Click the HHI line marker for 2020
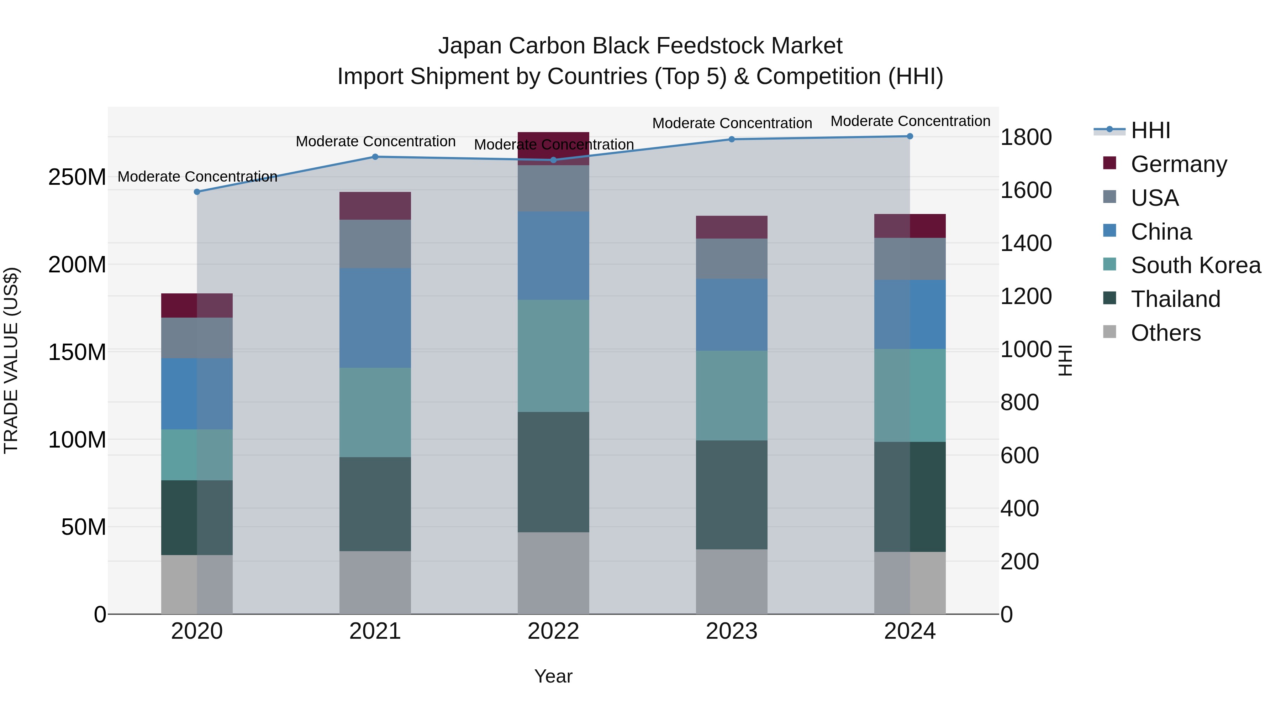point(197,192)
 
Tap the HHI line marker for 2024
point(910,136)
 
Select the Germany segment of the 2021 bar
point(375,205)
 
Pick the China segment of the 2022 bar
point(553,255)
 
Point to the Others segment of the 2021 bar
point(375,582)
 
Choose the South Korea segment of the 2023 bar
point(732,395)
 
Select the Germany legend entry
point(1179,164)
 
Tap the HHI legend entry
point(1150,130)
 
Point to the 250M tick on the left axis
point(77,177)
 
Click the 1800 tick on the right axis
point(1026,137)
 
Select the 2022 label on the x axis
point(553,631)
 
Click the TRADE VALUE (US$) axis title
point(11,360)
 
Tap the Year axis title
point(553,676)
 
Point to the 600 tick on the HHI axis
point(1019,455)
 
